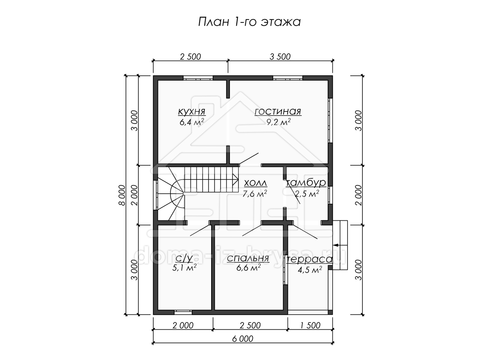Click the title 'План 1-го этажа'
(249, 22)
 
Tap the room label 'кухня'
(192, 111)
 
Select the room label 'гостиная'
(278, 111)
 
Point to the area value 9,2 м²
(278, 122)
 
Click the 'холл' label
(255, 183)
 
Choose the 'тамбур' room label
(306, 183)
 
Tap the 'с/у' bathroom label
(184, 258)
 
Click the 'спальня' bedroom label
(248, 258)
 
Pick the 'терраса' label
(309, 259)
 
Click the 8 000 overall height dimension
(122, 195)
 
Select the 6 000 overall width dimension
(242, 339)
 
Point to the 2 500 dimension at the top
(190, 57)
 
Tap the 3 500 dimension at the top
(280, 57)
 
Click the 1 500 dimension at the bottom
(310, 326)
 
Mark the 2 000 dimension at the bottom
(183, 326)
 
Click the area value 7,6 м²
(254, 194)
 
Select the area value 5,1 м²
(184, 268)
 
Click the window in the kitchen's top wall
(198, 78)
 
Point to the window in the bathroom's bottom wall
(183, 312)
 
